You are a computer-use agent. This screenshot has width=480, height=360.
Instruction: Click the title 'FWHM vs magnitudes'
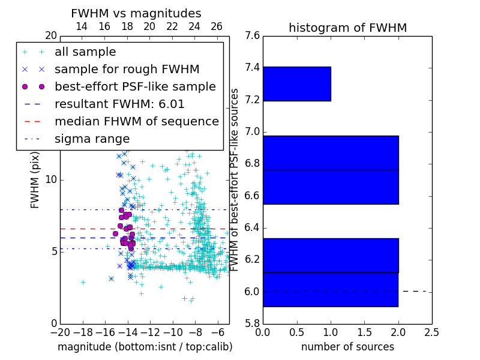(136, 13)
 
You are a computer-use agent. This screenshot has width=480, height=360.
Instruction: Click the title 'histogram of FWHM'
(347, 28)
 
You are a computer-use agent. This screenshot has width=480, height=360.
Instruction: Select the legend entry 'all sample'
(85, 52)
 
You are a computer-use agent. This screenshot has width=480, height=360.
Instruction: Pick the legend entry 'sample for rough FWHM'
(127, 69)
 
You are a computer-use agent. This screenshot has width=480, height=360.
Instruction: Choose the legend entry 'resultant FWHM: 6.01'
(119, 104)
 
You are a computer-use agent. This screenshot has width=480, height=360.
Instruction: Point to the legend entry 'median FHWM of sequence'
(136, 121)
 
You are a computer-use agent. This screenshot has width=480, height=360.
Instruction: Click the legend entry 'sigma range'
(92, 139)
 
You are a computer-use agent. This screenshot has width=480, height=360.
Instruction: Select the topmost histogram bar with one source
(296, 83)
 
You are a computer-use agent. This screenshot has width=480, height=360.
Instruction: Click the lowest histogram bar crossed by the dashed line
(330, 289)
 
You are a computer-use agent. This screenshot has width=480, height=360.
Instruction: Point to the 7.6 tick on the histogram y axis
(252, 35)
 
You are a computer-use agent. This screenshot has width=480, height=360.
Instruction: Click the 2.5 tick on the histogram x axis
(431, 332)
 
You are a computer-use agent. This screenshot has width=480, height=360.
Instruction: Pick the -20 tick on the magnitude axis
(60, 332)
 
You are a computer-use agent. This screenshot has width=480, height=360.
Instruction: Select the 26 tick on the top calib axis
(217, 26)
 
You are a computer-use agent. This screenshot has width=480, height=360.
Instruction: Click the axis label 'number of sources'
(347, 347)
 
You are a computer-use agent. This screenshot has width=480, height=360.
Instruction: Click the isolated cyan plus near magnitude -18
(83, 281)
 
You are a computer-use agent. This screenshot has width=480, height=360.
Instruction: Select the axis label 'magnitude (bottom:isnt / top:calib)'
(145, 347)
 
